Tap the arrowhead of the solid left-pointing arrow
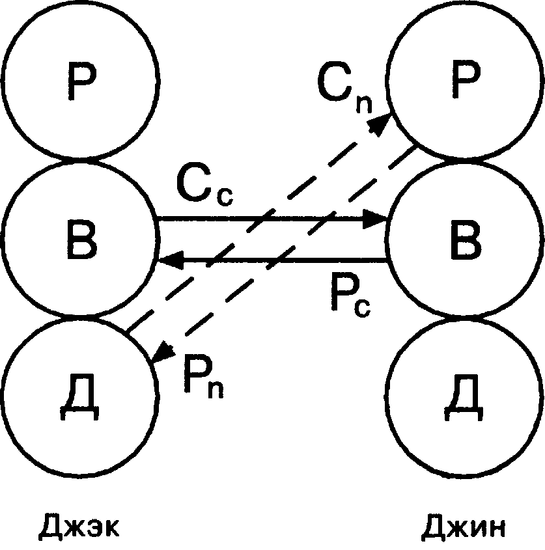(167, 262)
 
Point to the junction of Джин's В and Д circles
(466, 317)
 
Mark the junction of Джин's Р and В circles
(466, 160)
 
